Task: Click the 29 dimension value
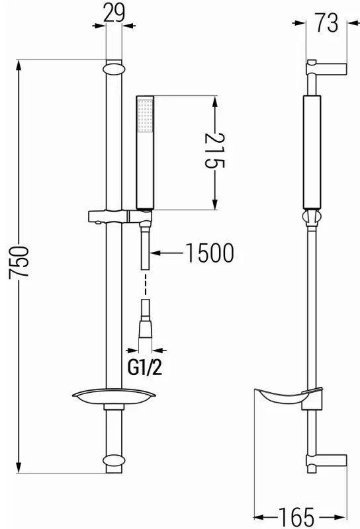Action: point(114,13)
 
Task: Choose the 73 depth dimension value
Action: point(326,23)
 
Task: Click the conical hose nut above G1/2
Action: point(145,325)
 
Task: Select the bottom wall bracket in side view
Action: point(326,460)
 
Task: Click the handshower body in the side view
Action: point(312,152)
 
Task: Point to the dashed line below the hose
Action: point(145,284)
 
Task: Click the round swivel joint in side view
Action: point(312,218)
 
